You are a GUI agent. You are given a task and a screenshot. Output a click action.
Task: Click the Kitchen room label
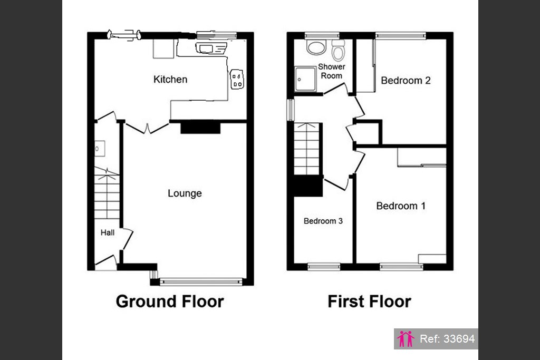coord(170,80)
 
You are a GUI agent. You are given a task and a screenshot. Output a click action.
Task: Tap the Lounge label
coord(185,193)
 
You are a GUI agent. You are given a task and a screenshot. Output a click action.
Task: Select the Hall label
coord(108,232)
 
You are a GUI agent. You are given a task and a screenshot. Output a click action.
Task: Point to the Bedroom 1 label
coord(401,206)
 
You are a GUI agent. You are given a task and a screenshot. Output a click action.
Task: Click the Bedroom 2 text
coord(406,81)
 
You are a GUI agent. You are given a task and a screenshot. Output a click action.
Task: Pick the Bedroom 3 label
coord(323,221)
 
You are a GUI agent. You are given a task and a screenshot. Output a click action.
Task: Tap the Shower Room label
coord(331,71)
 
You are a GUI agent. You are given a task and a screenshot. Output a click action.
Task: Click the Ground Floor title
coord(170,301)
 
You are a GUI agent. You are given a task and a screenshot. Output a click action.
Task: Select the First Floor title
coord(369,301)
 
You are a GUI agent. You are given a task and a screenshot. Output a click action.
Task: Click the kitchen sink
coord(211,48)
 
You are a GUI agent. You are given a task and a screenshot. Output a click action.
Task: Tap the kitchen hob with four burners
coord(237,80)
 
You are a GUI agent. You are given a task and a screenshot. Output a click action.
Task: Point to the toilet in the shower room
coord(338,50)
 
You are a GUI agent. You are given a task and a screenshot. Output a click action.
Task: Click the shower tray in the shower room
coord(305,79)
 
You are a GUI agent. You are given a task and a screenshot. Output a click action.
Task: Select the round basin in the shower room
coord(316,47)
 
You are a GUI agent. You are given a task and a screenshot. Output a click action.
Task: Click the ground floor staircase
coord(107,193)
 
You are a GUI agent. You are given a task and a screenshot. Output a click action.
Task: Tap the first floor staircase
coord(306,149)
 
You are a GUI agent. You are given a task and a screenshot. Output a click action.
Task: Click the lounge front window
coord(201,282)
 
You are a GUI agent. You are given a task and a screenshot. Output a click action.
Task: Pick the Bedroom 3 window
coord(324,267)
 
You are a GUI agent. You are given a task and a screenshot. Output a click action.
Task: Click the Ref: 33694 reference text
coord(447,339)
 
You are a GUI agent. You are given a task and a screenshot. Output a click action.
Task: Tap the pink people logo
coord(406,339)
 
